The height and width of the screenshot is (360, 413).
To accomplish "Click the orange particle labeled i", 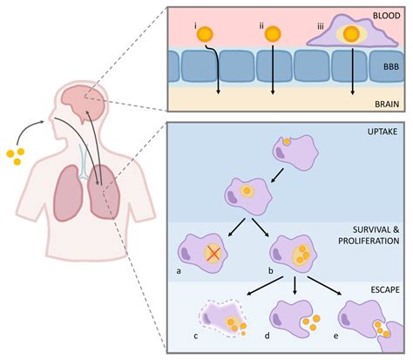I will coord(206,36).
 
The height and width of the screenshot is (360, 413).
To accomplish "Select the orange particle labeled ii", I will coord(272,34).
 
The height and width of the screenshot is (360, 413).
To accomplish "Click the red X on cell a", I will coord(213,254).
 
